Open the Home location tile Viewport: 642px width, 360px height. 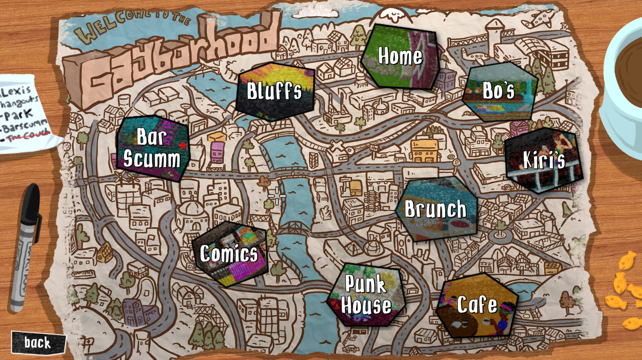tap(400, 56)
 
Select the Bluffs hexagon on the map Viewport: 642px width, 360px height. tap(275, 91)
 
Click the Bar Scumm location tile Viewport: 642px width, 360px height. tap(152, 148)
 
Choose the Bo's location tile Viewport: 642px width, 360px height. tap(499, 91)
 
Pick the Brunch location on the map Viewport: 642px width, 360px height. tap(436, 209)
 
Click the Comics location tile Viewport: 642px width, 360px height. tap(229, 254)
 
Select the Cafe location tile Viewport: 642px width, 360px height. tap(477, 305)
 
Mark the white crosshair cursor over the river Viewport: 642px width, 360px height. tap(277, 196)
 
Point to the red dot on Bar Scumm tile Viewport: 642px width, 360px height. tap(183, 146)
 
